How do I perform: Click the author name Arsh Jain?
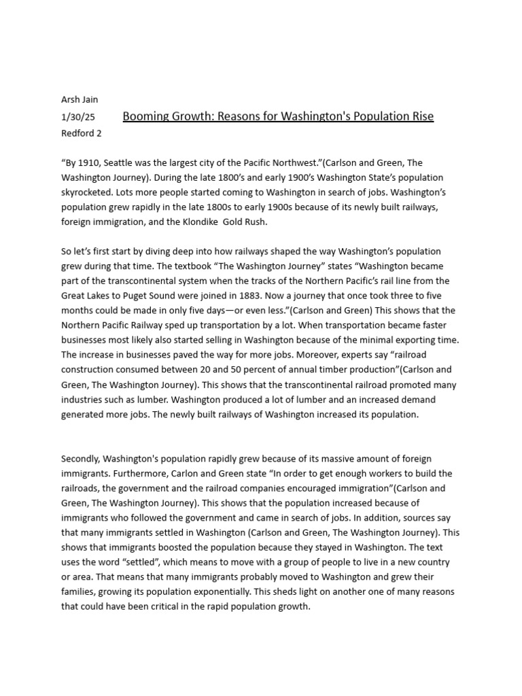[80, 100]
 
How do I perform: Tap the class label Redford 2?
[82, 133]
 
